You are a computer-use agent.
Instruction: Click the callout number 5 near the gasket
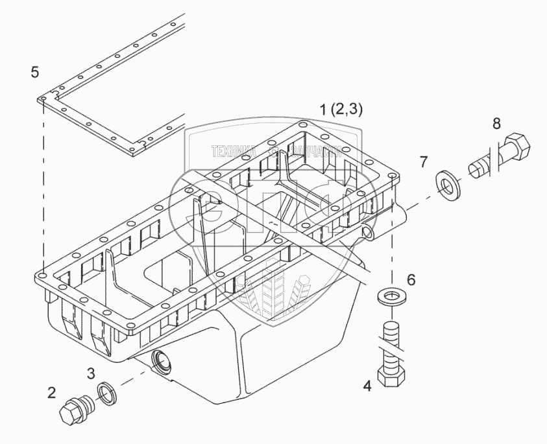click(x=35, y=71)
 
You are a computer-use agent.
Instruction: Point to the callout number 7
click(x=423, y=161)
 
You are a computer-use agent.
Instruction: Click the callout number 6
click(x=411, y=280)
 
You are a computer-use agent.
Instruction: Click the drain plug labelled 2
click(x=73, y=410)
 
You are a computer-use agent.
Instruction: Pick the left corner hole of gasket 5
click(x=43, y=100)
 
